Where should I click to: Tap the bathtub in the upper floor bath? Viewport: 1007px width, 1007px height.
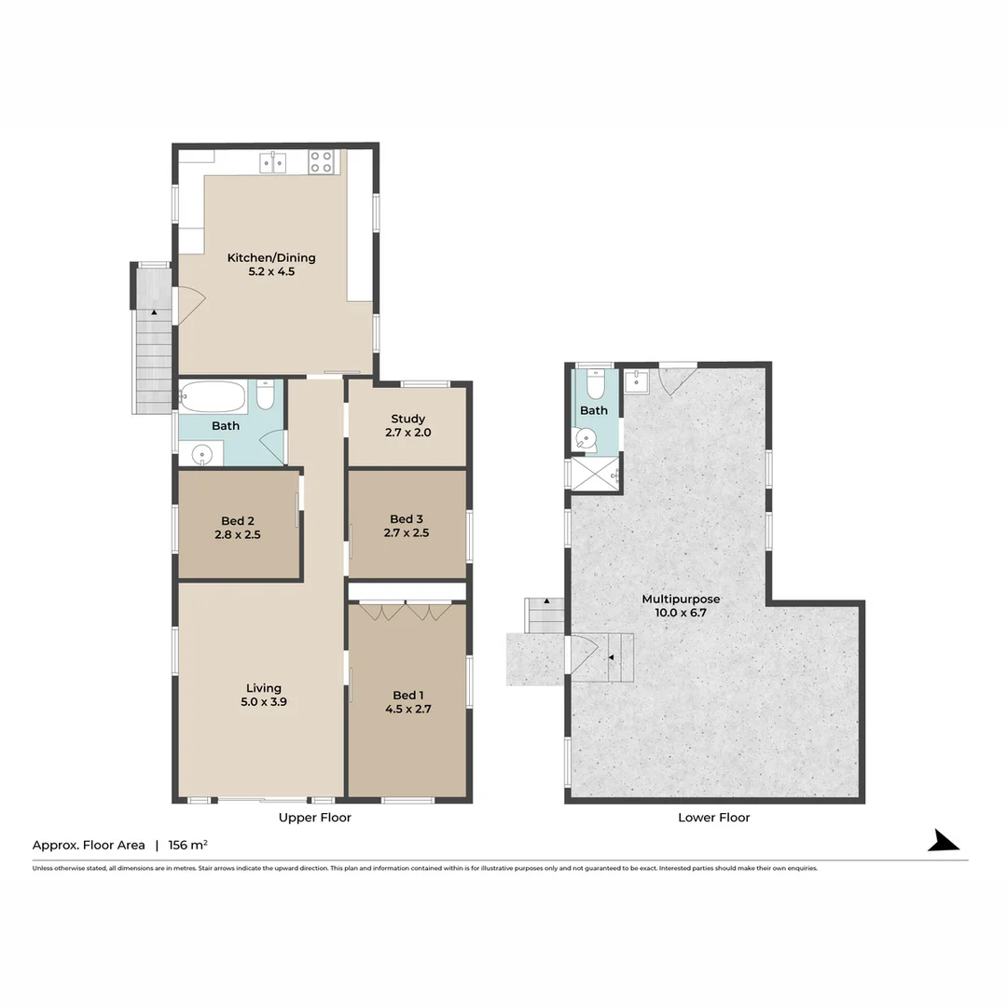(x=215, y=398)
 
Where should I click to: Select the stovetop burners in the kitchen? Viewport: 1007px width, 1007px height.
(x=322, y=162)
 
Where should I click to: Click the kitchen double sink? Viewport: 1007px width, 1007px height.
(x=273, y=163)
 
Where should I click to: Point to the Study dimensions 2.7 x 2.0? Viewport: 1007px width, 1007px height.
(x=408, y=433)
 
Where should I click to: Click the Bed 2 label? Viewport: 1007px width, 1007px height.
(x=238, y=520)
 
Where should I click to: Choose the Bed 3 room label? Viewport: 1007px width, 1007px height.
(x=407, y=519)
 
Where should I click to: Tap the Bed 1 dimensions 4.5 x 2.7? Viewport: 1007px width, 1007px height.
(x=407, y=709)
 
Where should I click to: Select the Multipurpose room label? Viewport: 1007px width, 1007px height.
(x=681, y=599)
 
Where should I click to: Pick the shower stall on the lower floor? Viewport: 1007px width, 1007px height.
(x=596, y=473)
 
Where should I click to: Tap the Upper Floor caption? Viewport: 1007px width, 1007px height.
(x=315, y=818)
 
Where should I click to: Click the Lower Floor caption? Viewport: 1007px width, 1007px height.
(x=714, y=818)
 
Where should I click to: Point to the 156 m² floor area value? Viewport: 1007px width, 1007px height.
(x=187, y=846)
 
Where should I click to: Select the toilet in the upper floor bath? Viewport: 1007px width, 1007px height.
(x=265, y=396)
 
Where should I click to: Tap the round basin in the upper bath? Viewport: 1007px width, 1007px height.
(x=201, y=455)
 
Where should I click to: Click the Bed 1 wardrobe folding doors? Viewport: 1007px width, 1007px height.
(x=406, y=612)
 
